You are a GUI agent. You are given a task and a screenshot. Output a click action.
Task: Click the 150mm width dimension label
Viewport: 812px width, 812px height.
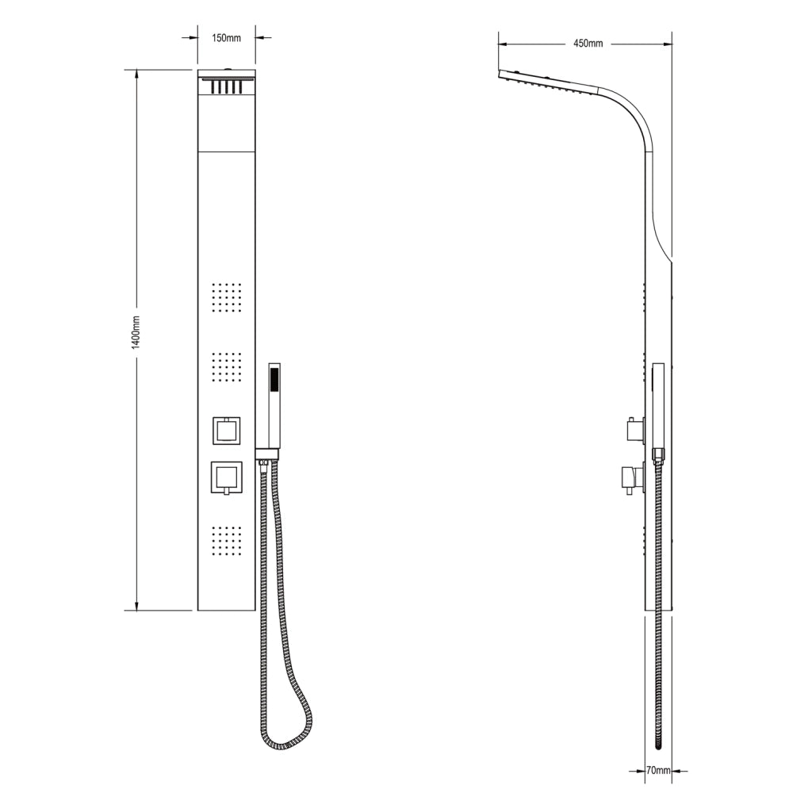(226, 38)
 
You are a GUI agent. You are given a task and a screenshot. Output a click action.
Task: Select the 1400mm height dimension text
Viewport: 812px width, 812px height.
(136, 332)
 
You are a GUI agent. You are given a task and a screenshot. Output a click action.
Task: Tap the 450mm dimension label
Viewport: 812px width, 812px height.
(588, 44)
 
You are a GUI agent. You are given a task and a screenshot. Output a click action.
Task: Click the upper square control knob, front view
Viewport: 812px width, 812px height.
(226, 430)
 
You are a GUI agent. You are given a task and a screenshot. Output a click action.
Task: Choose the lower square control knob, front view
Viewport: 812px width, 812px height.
(226, 477)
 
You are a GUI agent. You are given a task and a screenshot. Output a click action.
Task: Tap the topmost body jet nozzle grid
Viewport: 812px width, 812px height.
(227, 298)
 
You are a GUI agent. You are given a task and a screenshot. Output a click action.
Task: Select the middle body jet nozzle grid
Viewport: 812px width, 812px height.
(227, 368)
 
